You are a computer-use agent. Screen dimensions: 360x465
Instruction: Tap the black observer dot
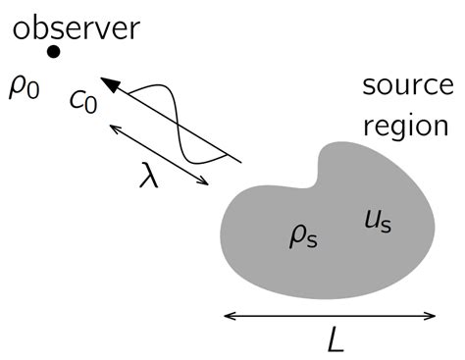tap(54, 52)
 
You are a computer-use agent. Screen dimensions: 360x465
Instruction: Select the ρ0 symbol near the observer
tap(23, 87)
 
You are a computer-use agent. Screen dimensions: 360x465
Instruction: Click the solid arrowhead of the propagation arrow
tap(110, 85)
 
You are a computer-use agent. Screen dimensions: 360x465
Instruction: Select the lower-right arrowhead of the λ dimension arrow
tap(207, 182)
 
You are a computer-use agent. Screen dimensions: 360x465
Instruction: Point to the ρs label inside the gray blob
tap(300, 236)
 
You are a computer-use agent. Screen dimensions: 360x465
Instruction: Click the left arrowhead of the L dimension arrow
tap(229, 316)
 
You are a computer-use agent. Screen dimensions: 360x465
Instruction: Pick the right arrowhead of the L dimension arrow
tap(433, 316)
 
